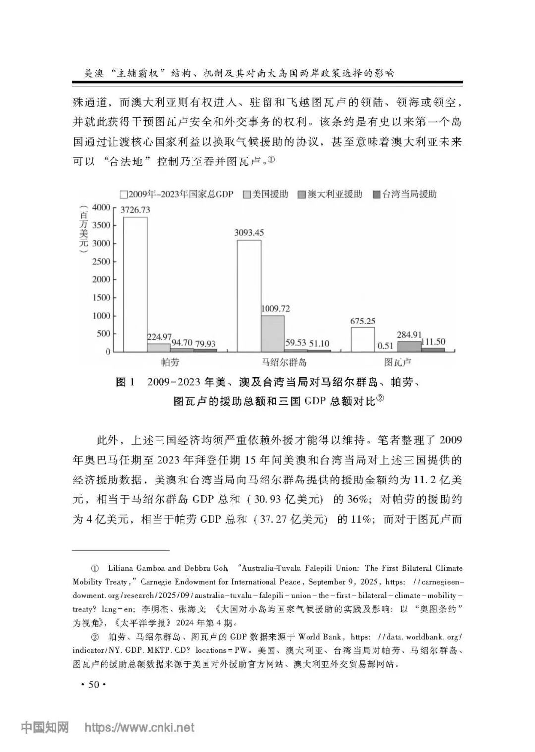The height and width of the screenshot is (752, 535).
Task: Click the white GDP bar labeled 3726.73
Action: tap(135, 284)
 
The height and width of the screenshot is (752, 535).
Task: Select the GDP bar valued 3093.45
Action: tap(249, 296)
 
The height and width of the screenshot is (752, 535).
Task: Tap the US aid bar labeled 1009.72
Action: tap(272, 333)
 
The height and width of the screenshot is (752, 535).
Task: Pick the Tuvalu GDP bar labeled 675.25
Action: tap(363, 339)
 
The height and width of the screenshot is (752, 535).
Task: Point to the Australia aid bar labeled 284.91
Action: tap(409, 346)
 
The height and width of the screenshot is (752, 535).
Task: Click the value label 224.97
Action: tap(159, 337)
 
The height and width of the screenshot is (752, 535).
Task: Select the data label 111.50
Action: tap(433, 341)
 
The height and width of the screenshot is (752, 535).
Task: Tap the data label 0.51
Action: tap(385, 346)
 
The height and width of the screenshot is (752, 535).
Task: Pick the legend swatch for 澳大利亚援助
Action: tap(301, 195)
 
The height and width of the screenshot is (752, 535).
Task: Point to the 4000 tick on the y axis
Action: tap(101, 207)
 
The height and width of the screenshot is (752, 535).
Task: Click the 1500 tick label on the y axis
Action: tap(101, 297)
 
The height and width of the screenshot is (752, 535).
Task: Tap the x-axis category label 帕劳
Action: tap(170, 362)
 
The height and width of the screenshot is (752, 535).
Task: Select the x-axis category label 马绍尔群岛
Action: tap(284, 362)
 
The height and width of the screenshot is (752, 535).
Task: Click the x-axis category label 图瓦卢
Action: tap(398, 362)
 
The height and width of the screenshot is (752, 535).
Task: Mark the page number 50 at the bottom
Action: tap(93, 685)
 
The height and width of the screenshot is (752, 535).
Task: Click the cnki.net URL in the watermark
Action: tap(140, 728)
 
